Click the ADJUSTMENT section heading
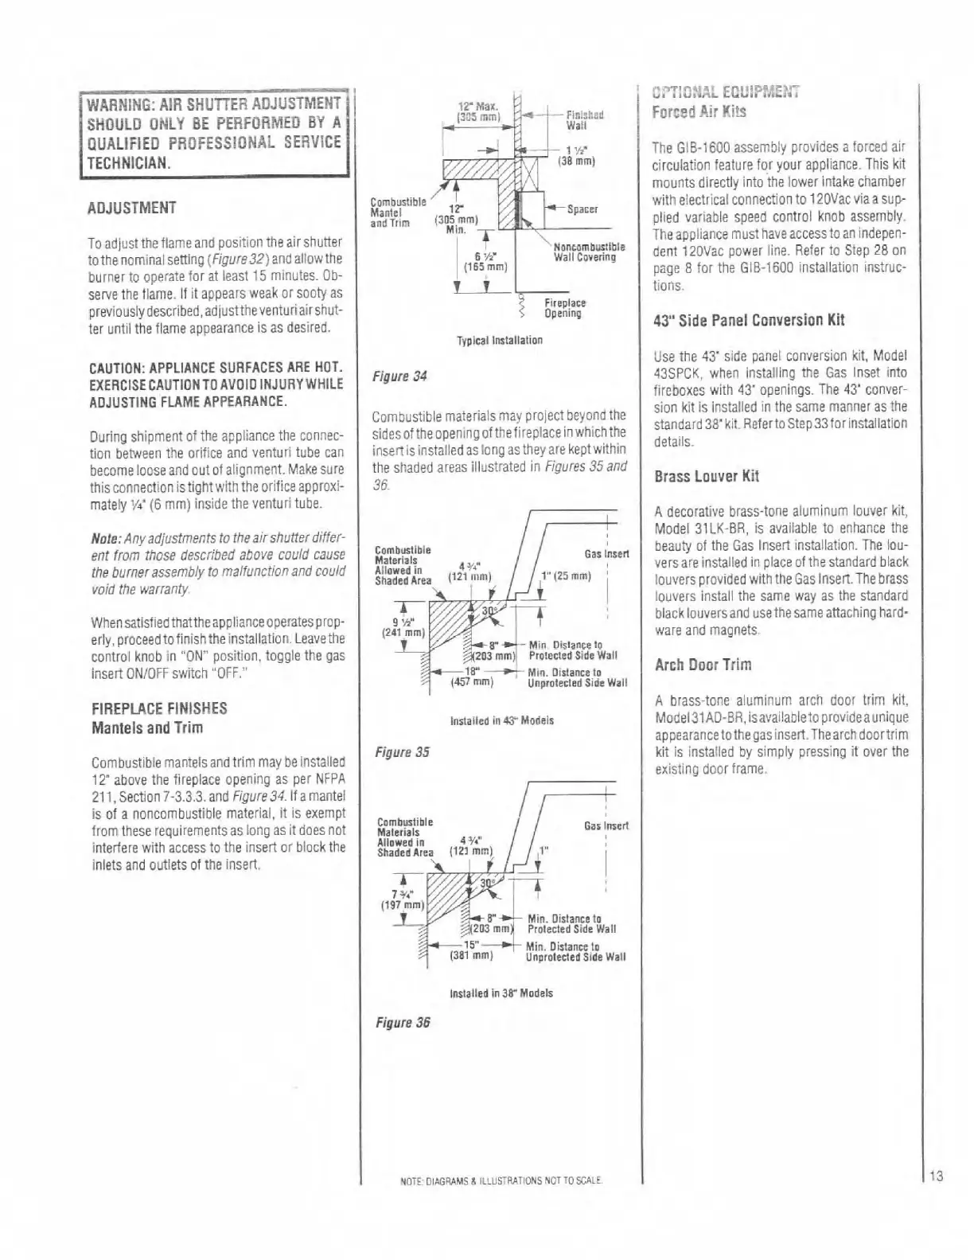point(132,209)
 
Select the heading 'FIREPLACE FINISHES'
point(159,708)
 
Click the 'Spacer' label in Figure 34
point(581,209)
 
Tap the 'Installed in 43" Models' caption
point(501,720)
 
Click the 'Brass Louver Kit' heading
point(706,477)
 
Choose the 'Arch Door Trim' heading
point(702,665)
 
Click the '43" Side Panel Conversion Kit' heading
point(748,321)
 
